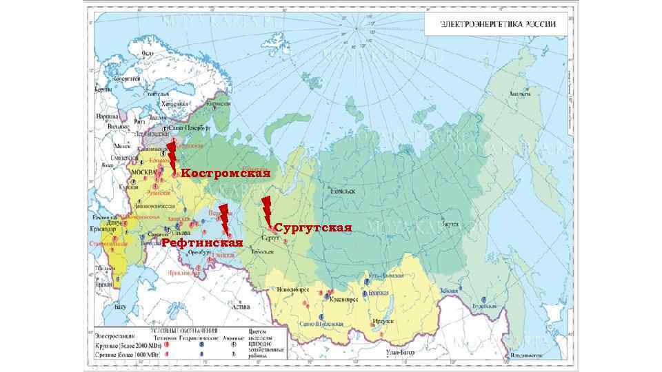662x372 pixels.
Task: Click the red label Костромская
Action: click(224, 174)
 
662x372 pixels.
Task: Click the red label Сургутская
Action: click(313, 227)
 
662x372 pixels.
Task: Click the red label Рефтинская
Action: click(202, 243)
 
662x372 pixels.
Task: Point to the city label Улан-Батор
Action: click(401, 353)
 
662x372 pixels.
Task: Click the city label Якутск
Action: click(450, 225)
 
